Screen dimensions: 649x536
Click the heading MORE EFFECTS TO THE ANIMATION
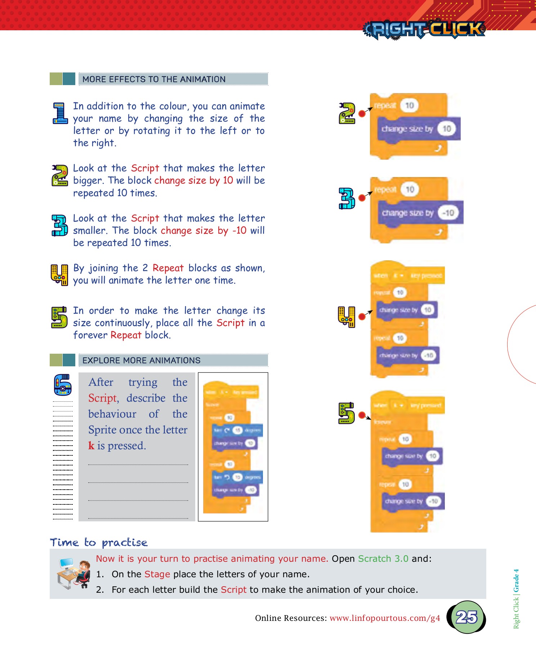click(154, 79)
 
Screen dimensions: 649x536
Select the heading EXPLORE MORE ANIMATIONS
click(141, 361)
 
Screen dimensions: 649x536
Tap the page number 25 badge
click(466, 617)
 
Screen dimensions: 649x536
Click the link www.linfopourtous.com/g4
click(385, 618)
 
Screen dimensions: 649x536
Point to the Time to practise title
click(99, 542)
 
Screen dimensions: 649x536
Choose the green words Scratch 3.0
click(383, 559)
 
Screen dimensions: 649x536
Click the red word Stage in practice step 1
click(157, 574)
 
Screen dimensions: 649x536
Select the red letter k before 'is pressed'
click(91, 446)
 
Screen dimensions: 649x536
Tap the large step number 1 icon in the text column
click(60, 113)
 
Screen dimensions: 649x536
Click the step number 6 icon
click(62, 385)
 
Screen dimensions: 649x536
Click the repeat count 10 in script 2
click(410, 105)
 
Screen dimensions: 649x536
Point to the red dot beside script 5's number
click(362, 415)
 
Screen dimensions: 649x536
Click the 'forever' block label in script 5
click(383, 422)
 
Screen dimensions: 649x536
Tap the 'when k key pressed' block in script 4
click(407, 276)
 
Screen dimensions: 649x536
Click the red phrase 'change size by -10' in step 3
click(204, 230)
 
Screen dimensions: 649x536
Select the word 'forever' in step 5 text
click(90, 335)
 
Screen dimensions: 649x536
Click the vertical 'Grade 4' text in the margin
click(516, 581)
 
